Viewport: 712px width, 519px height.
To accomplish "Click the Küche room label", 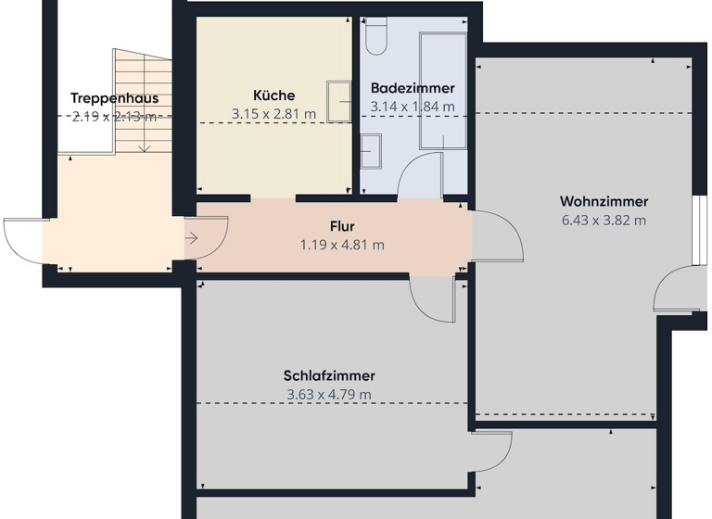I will [x=273, y=95].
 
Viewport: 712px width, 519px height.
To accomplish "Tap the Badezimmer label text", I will [x=413, y=88].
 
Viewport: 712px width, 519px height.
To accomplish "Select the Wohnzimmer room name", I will [x=604, y=201].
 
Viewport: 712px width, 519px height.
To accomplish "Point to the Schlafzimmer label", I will [x=329, y=375].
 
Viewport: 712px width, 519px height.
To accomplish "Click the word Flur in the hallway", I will [x=342, y=226].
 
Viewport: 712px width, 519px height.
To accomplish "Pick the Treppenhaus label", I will [x=114, y=98].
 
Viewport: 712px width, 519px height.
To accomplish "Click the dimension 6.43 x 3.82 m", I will [x=604, y=221].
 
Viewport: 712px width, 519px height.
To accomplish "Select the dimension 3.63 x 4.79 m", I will [x=329, y=395].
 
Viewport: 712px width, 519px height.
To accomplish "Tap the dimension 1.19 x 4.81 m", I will [x=342, y=246].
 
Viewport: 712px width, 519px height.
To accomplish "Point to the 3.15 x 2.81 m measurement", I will [x=273, y=114].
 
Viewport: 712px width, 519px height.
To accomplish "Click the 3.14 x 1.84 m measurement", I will [x=413, y=107].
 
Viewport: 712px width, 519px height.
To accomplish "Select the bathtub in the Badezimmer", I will [x=443, y=91].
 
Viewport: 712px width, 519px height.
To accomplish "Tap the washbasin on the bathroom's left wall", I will [x=371, y=150].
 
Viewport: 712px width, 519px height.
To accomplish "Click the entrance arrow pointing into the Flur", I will [x=191, y=238].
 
